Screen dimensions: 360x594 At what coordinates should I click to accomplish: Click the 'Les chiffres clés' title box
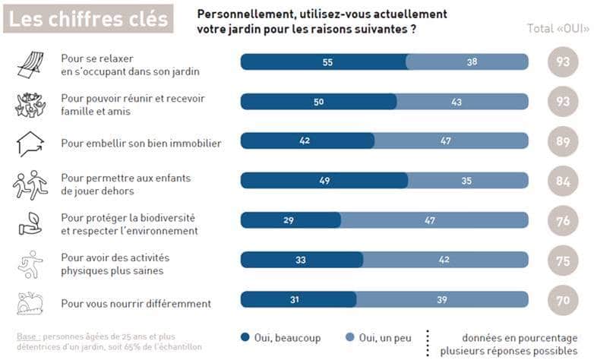[89, 19]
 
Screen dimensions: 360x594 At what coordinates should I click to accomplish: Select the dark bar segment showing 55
[323, 62]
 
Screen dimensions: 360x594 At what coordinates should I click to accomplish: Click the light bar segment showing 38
[466, 62]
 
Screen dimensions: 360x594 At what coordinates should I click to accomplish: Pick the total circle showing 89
[563, 141]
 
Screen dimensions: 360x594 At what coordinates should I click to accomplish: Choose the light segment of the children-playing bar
[467, 180]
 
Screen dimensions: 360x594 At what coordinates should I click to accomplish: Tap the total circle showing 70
[563, 300]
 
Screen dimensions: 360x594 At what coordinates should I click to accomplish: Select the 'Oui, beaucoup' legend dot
[245, 337]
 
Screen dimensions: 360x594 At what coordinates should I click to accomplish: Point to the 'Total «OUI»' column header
[557, 29]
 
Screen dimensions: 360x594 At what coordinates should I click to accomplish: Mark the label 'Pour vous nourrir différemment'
[136, 304]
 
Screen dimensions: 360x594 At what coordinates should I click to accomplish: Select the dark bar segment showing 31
[298, 298]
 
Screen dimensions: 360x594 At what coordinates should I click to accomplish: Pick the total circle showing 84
[563, 181]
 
